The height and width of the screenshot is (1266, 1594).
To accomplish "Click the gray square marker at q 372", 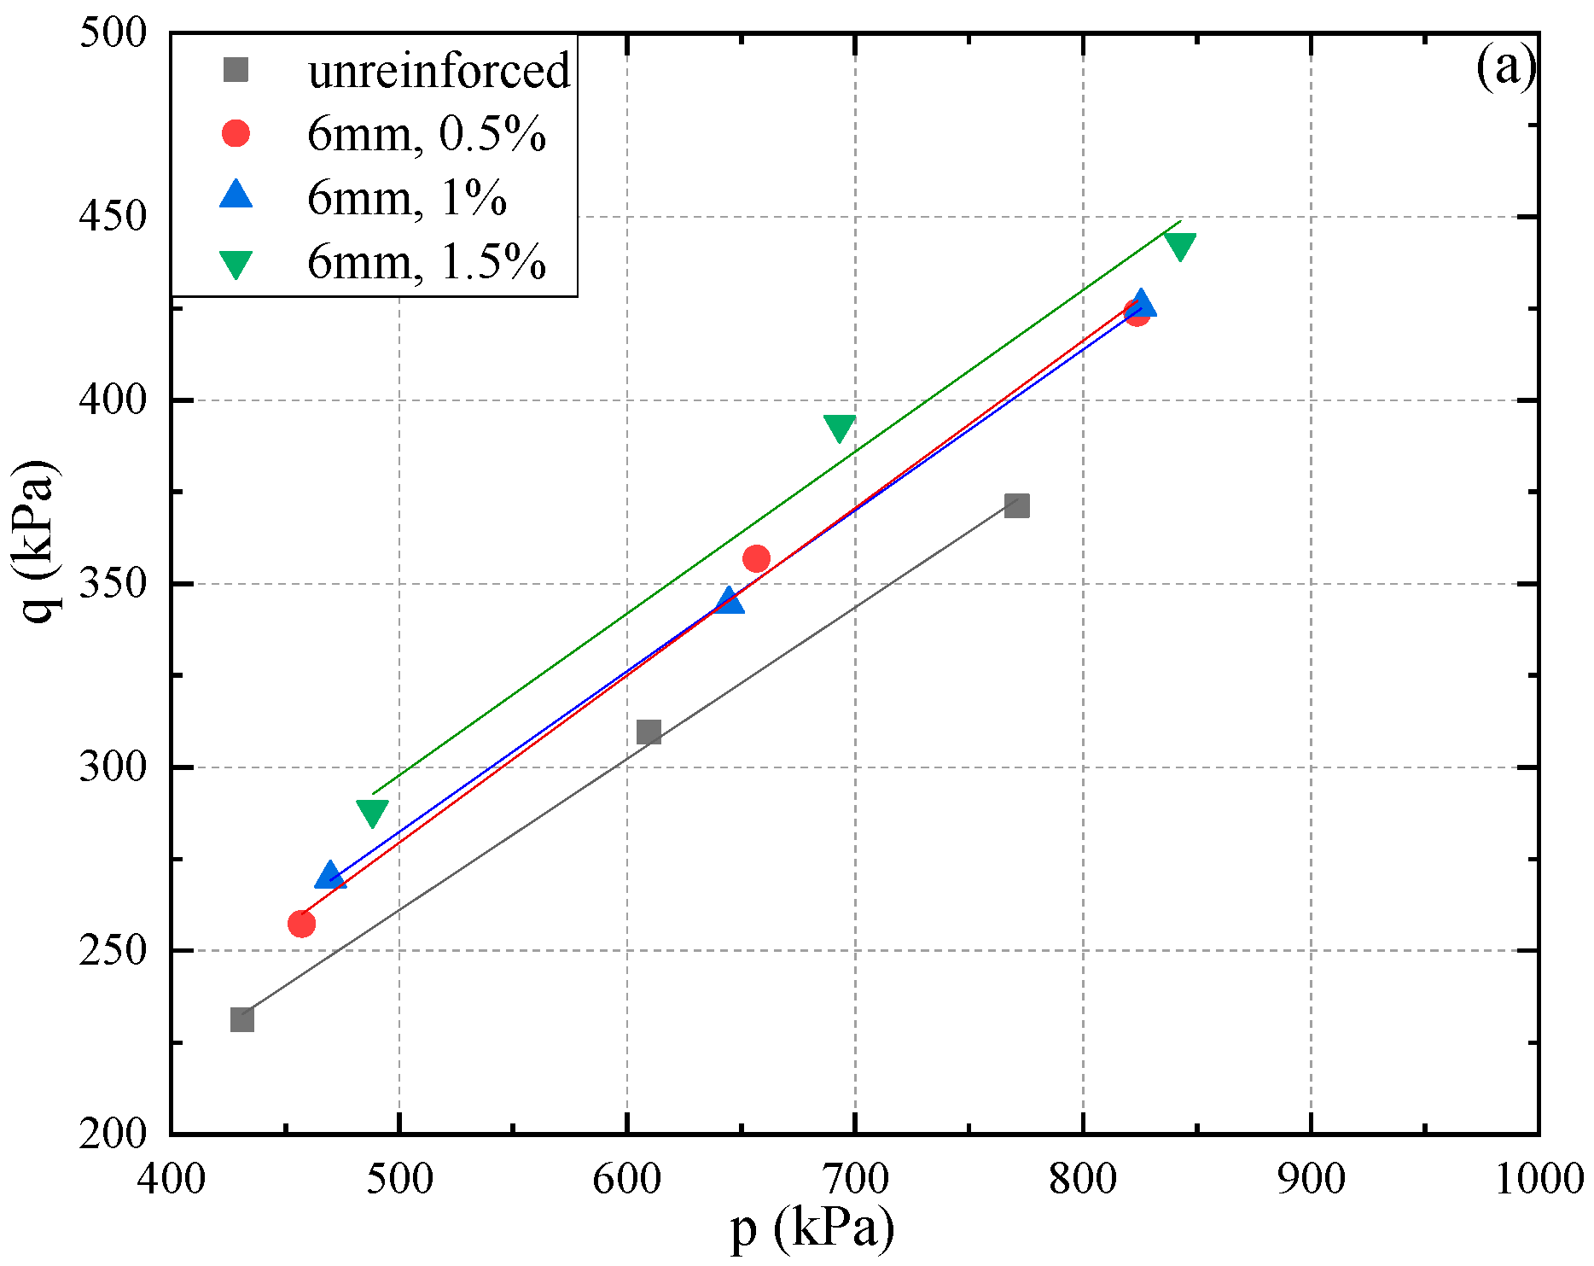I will click(x=1016, y=505).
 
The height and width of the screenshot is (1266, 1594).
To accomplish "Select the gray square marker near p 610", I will click(x=649, y=732).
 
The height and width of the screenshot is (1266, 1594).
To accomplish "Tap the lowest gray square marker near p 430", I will click(x=242, y=1019).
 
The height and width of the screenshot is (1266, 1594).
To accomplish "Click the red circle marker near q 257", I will click(x=301, y=923).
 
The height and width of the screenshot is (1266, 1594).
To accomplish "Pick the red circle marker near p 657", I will click(x=756, y=559).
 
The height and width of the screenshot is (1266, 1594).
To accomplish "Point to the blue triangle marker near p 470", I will click(x=330, y=876).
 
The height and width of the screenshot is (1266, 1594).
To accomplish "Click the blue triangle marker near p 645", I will click(x=729, y=601).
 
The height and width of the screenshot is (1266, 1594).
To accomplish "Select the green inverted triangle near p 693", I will click(x=840, y=428).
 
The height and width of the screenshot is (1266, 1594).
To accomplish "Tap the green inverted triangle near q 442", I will click(x=1179, y=246).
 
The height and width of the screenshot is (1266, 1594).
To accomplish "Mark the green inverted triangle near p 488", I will click(x=372, y=813).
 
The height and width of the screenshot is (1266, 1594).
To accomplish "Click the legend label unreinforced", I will click(x=439, y=70).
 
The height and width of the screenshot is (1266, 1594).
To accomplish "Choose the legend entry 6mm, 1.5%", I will click(x=426, y=262).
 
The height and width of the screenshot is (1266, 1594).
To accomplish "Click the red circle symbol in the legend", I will click(x=236, y=133).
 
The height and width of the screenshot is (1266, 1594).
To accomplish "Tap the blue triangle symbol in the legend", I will click(x=236, y=195).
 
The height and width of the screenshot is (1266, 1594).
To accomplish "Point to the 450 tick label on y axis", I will click(x=113, y=217).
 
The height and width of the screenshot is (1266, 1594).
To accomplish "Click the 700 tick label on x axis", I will click(x=854, y=1179).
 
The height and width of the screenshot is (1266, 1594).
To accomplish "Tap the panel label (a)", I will click(x=1505, y=67).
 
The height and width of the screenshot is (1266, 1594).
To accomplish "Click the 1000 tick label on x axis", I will click(x=1539, y=1179).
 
